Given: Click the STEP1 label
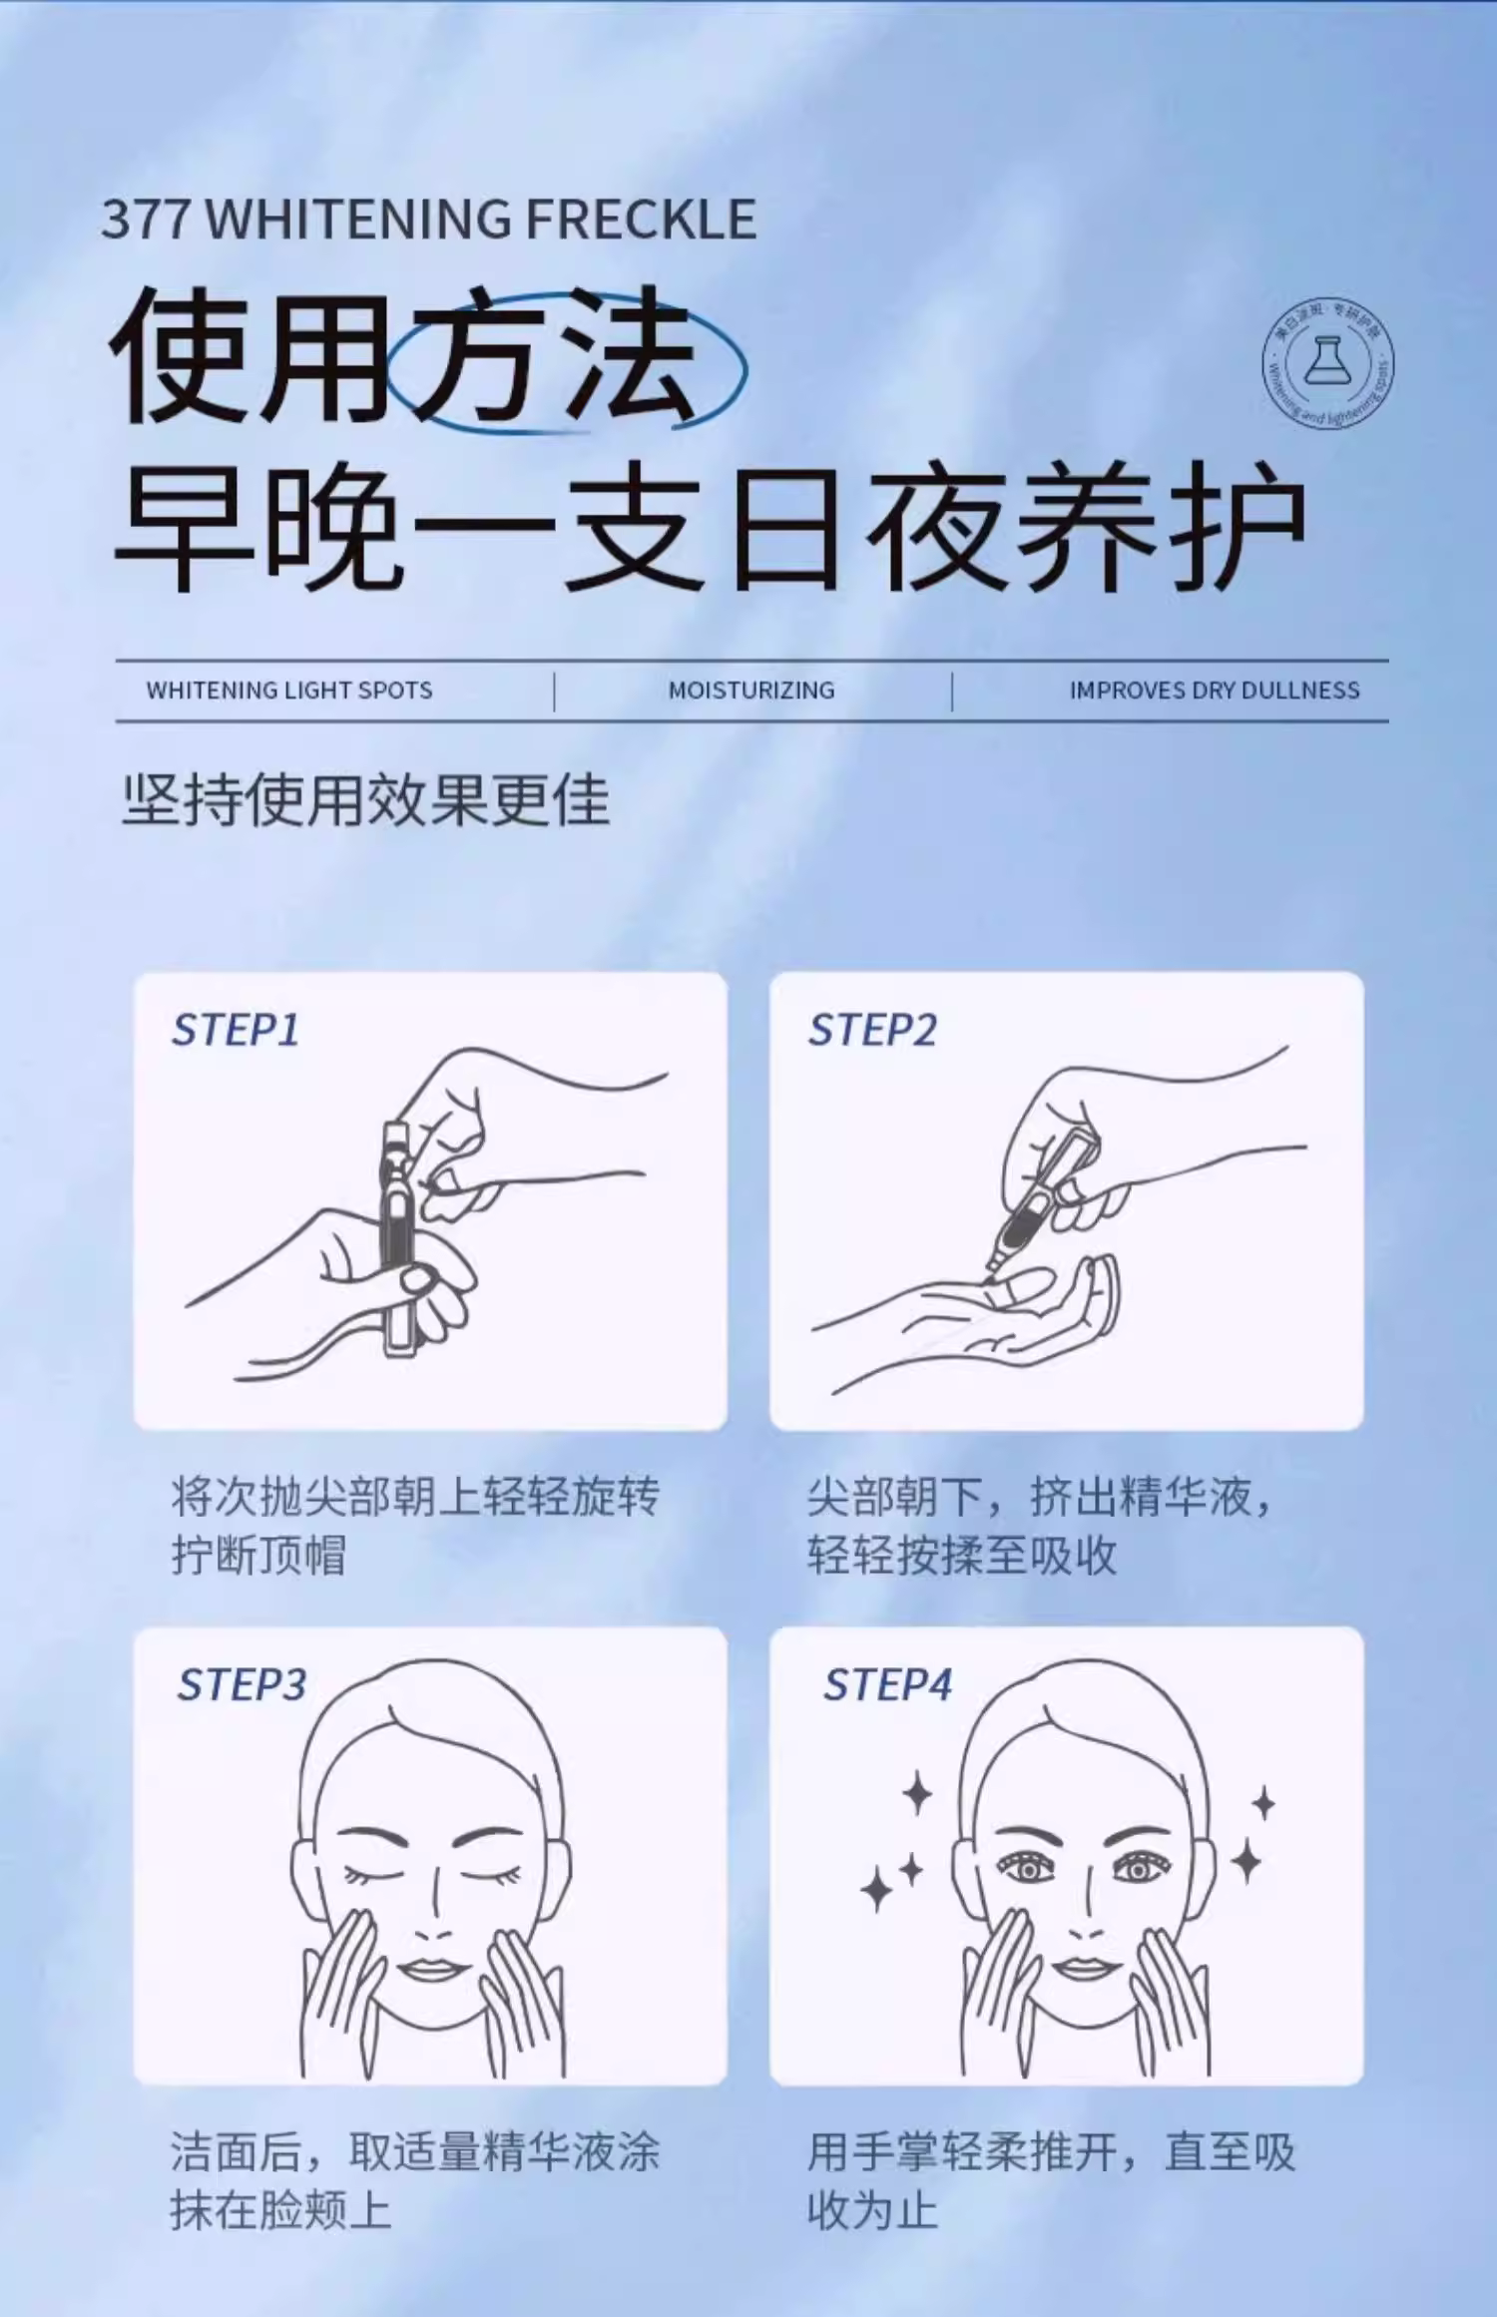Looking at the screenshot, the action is [236, 1030].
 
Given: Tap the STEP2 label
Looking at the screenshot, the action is [872, 1030].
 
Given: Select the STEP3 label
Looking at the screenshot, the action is [242, 1684].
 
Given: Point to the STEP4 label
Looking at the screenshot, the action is [887, 1684].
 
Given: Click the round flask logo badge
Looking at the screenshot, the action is [1327, 363].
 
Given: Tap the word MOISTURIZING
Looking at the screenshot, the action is [751, 691].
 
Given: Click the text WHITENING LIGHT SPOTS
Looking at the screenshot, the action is [289, 691].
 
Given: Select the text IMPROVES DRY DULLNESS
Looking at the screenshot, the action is [1215, 691].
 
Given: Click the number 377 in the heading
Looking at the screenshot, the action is [146, 220].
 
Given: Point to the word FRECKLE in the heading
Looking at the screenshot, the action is [641, 220].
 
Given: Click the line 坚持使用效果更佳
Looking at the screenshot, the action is [366, 800].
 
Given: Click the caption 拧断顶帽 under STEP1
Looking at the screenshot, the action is [258, 1555].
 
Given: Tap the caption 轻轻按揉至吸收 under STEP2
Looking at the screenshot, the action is [962, 1555].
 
